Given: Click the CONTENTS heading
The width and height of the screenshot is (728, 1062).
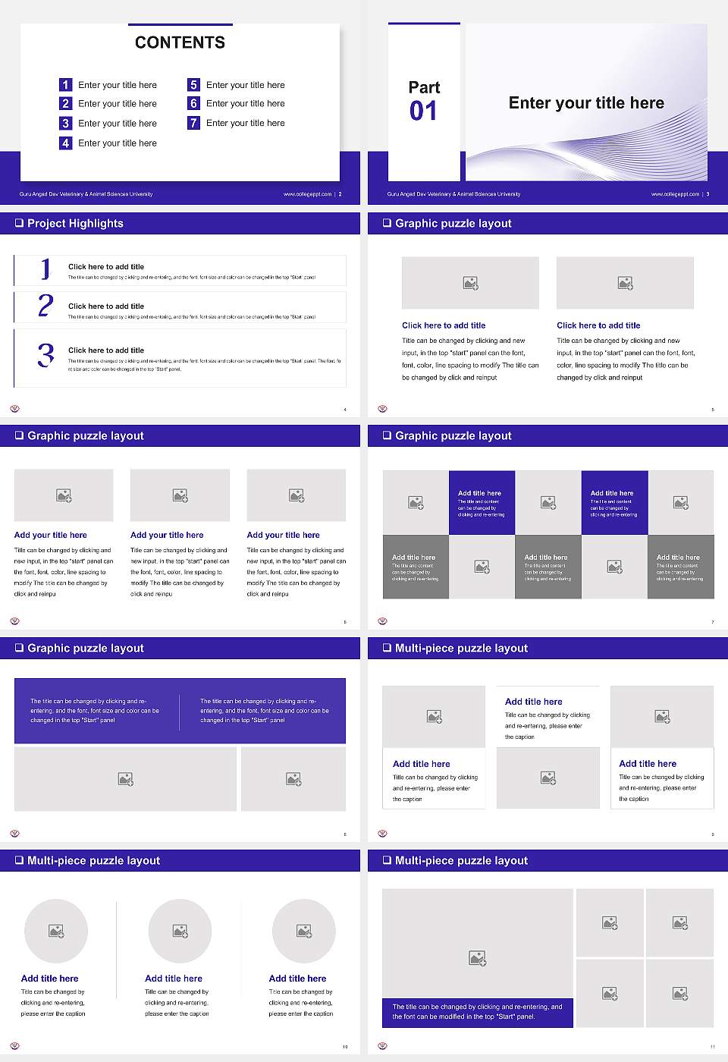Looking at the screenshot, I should click(x=180, y=42).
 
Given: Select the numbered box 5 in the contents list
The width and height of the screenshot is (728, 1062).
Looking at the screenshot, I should click(x=193, y=85).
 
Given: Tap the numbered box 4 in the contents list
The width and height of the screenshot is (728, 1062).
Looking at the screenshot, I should click(x=65, y=143).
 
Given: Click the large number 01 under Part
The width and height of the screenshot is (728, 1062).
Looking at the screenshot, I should click(x=423, y=112).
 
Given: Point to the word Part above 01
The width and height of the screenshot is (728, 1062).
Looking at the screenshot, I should click(x=424, y=87).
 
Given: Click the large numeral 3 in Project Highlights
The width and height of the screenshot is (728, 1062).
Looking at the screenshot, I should click(x=45, y=355).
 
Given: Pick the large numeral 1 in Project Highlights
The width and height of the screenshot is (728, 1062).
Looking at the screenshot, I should click(x=45, y=269).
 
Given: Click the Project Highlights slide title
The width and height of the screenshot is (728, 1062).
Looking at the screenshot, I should click(x=75, y=223).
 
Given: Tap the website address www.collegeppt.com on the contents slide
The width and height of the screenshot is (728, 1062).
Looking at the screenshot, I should click(x=307, y=194).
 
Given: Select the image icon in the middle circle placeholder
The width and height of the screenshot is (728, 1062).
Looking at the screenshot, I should click(x=180, y=931).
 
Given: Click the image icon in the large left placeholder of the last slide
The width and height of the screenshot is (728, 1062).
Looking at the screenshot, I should click(x=477, y=959).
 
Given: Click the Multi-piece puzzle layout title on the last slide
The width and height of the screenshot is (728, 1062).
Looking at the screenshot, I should click(x=461, y=860).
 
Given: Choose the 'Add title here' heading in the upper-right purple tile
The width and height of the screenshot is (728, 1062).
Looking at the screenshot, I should click(x=612, y=493).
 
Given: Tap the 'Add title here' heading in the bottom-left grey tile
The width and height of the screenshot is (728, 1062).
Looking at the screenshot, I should click(x=413, y=557).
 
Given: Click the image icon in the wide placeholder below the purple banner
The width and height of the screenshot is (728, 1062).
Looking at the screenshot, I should click(x=126, y=779).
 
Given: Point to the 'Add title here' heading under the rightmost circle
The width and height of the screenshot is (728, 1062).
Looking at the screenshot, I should click(x=297, y=979).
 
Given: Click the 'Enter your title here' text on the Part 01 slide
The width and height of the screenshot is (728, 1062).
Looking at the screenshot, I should click(x=586, y=103).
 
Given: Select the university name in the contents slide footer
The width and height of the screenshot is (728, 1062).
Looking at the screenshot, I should click(x=86, y=194).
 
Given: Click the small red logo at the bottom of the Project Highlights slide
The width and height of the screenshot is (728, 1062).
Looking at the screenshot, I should click(x=14, y=409).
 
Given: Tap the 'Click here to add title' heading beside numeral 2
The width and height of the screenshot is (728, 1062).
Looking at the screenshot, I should click(x=106, y=306).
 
